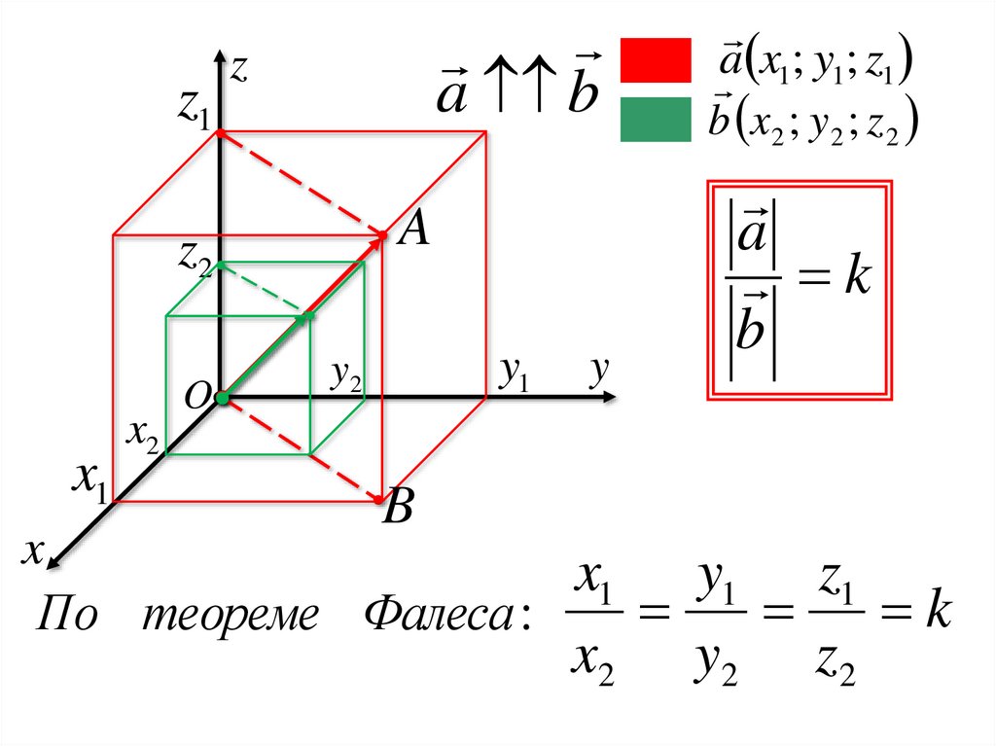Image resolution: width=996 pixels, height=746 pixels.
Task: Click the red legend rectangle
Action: [x=656, y=60]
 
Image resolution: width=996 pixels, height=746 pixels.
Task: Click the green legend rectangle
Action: [x=656, y=120]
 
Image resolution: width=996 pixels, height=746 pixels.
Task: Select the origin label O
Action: [x=196, y=393]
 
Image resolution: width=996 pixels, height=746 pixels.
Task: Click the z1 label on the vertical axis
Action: [x=193, y=111]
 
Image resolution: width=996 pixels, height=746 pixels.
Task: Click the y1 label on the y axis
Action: [x=513, y=374]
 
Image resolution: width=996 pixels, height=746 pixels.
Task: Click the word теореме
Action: [x=231, y=616]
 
